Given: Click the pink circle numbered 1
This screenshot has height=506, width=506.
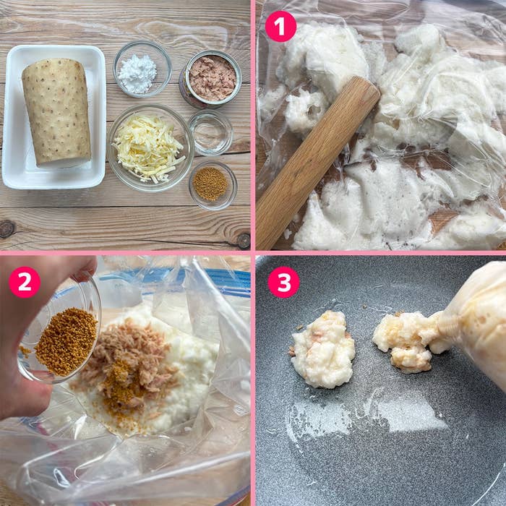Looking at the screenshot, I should pyautogui.click(x=280, y=27).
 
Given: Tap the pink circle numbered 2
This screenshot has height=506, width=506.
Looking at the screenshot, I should pyautogui.click(x=25, y=282).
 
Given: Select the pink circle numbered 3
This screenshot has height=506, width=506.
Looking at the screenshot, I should pyautogui.click(x=283, y=282).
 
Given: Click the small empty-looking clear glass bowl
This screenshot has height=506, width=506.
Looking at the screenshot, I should pyautogui.click(x=210, y=132).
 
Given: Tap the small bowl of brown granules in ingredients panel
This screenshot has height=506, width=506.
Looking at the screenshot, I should pyautogui.click(x=211, y=184).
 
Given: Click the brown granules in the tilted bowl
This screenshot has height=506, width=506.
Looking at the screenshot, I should pyautogui.click(x=65, y=341).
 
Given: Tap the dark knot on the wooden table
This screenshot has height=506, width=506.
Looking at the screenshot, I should pyautogui.click(x=7, y=228).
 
